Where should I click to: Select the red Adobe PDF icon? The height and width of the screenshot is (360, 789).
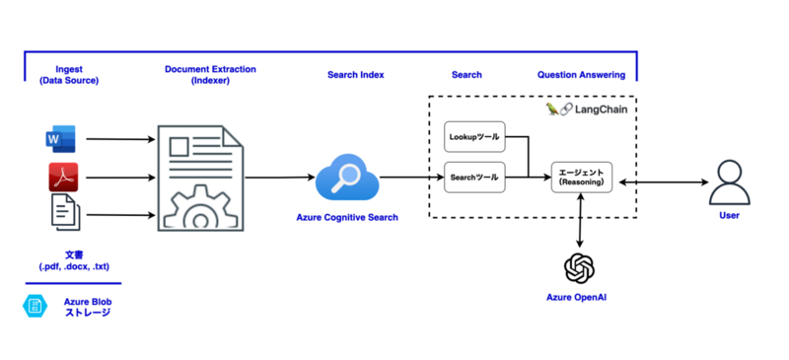point(62,179)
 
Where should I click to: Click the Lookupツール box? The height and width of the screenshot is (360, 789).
point(474,137)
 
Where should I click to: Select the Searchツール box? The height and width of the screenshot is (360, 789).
point(474,177)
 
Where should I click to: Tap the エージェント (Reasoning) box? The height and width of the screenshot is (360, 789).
point(581,178)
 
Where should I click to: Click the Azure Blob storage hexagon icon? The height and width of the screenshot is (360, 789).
point(36,307)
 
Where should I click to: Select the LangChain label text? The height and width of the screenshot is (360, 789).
point(601,109)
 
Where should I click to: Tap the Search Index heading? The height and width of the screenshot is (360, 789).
point(355,75)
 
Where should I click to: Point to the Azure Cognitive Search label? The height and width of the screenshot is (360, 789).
point(347,217)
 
